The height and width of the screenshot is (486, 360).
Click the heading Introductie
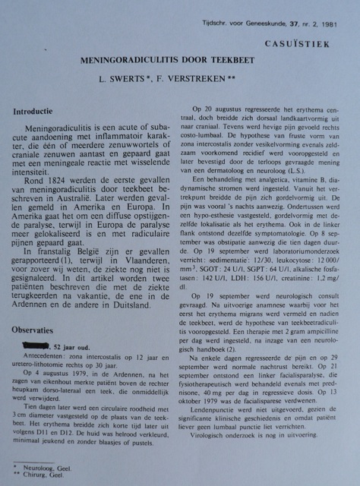pyautogui.click(x=38, y=112)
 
